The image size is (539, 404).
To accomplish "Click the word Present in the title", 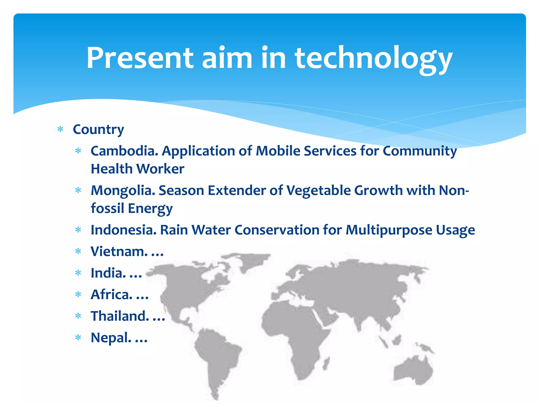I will [139, 58].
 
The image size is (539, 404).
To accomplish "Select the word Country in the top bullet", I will [98, 129].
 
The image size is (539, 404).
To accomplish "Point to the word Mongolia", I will [123, 190].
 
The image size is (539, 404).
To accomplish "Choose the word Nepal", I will [111, 338].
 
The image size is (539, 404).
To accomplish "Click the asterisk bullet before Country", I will [61, 129].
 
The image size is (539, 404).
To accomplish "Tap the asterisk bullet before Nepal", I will [78, 338].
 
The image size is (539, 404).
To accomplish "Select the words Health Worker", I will [137, 169].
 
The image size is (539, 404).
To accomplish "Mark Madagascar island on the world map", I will [326, 363].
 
